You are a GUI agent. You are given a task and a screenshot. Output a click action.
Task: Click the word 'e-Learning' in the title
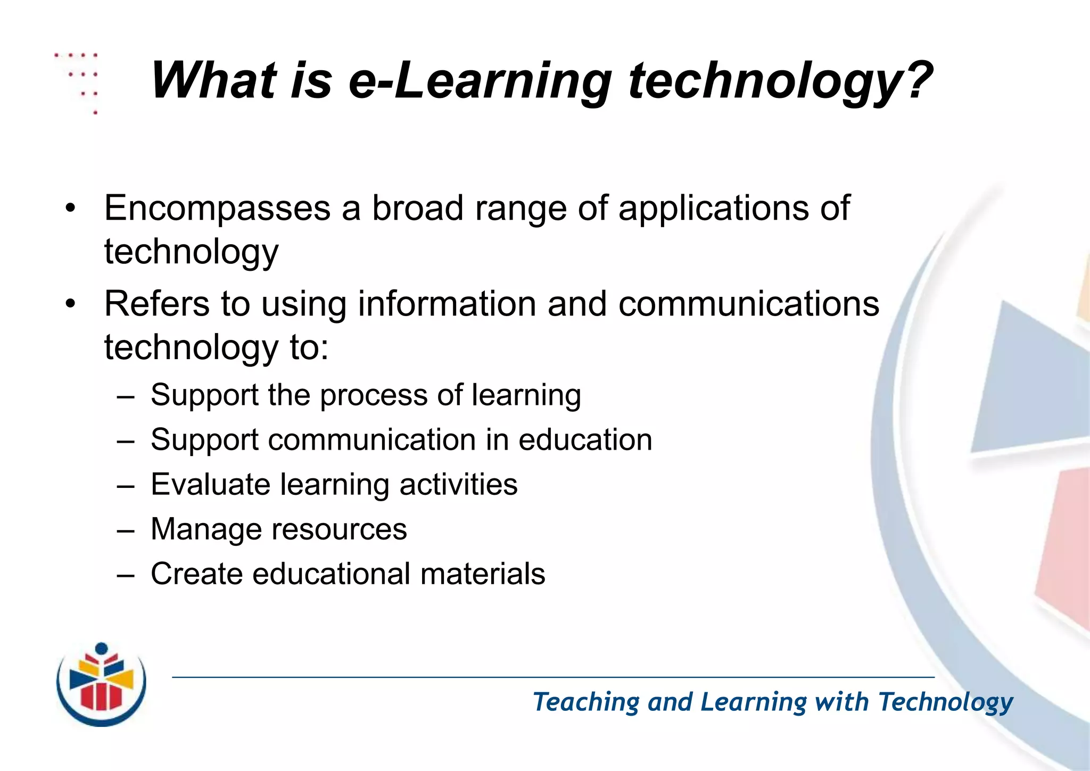[479, 81]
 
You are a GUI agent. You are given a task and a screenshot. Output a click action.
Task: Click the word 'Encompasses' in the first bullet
[217, 208]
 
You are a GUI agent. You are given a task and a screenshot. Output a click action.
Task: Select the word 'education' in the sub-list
[585, 440]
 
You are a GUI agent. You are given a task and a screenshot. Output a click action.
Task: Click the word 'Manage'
[203, 529]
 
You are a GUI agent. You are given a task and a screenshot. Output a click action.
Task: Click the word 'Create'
[196, 574]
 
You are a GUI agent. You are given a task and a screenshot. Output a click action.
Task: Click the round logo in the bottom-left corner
[101, 685]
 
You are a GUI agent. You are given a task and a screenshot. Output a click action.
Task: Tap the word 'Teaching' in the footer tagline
[585, 702]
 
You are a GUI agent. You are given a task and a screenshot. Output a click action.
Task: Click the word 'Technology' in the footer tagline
[945, 702]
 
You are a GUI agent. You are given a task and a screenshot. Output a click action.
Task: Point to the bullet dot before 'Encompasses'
[70, 209]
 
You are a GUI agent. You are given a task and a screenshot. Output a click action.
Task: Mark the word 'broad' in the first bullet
[417, 208]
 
